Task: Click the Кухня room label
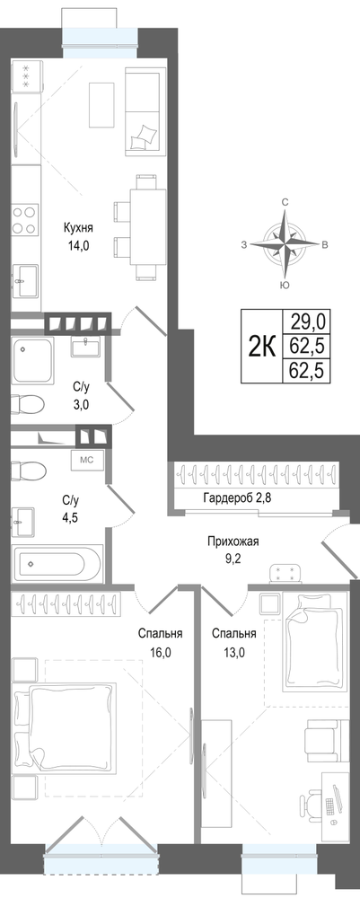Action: tap(78, 228)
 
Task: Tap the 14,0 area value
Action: tap(78, 247)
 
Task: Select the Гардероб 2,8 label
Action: tap(237, 497)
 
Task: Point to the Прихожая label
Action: tap(230, 541)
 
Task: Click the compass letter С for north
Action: tap(284, 202)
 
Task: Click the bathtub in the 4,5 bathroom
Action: tap(57, 563)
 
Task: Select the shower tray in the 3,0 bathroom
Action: tap(33, 360)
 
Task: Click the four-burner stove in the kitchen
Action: tap(24, 219)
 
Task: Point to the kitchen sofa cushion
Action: tap(143, 136)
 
